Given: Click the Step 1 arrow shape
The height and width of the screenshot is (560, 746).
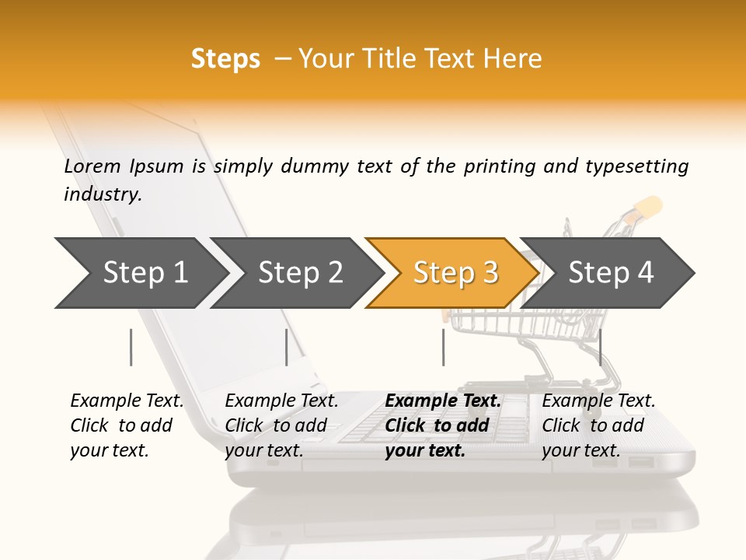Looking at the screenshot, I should tap(140, 273).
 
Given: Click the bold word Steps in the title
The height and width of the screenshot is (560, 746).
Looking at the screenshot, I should tap(225, 59).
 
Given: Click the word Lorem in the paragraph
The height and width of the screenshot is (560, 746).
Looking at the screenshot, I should tap(92, 166).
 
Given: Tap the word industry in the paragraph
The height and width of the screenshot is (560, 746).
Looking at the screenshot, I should tap(103, 194).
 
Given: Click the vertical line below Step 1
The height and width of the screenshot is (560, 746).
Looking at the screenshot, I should tap(131, 347).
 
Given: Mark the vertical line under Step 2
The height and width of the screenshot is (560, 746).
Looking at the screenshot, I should tap(287, 347).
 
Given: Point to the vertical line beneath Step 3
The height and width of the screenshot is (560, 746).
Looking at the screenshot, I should tap(443, 347).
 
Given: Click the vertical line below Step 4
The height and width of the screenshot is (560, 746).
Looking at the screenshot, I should tap(600, 347).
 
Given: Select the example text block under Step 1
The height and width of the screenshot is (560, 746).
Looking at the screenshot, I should tap(126, 425).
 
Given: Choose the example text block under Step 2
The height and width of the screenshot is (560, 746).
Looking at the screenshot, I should tap(281, 425).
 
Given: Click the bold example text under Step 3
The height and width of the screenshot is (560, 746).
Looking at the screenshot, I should tap(442, 425).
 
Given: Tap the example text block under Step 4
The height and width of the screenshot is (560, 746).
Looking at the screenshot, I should tap(598, 425).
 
